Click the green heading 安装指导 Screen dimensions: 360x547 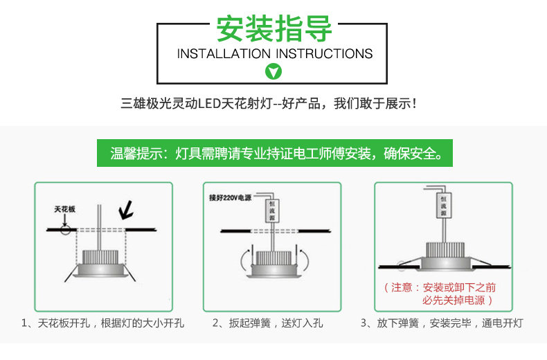(274, 28)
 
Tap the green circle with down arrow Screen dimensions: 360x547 (273, 71)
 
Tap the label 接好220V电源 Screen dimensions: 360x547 (231, 198)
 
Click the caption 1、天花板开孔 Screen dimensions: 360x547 (102, 323)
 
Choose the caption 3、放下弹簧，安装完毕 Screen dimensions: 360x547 (441, 323)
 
